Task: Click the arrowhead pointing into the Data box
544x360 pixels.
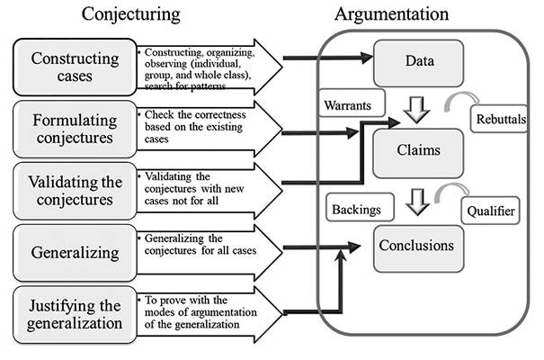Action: [x=367, y=58]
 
